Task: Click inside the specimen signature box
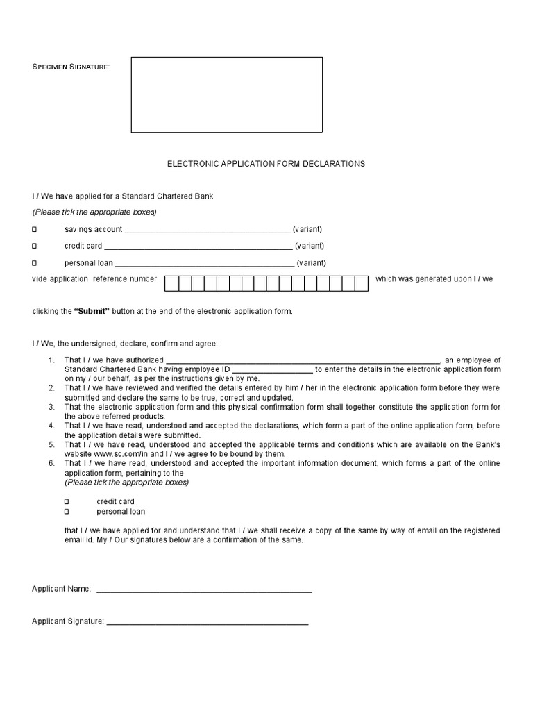226,94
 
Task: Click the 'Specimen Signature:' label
71,67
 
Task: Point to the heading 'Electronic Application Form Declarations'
266,164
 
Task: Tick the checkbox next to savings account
35,229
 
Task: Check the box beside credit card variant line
35,246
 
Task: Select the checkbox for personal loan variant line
35,263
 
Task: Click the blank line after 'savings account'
207,231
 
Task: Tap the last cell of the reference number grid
361,283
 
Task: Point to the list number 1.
51,360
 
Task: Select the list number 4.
51,425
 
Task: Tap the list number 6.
51,463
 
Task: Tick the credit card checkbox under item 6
67,501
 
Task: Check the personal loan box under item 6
67,512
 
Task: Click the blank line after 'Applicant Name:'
204,590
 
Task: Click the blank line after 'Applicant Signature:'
207,623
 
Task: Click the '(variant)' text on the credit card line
310,246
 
